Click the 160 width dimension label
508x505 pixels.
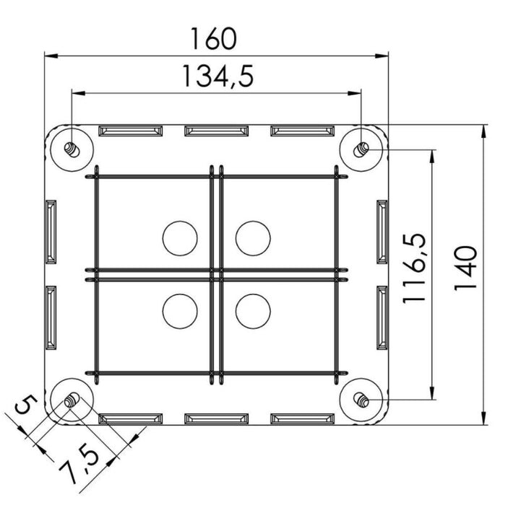[x=214, y=38]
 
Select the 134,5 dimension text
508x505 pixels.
[x=218, y=76]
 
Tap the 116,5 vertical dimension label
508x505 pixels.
[x=414, y=268]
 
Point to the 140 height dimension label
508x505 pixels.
[x=465, y=268]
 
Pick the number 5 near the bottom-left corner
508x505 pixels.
[x=26, y=404]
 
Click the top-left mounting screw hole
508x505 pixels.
[x=72, y=150]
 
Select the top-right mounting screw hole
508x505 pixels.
[x=361, y=150]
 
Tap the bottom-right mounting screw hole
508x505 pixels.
[x=361, y=400]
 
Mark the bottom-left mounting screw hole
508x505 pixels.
[x=72, y=400]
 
